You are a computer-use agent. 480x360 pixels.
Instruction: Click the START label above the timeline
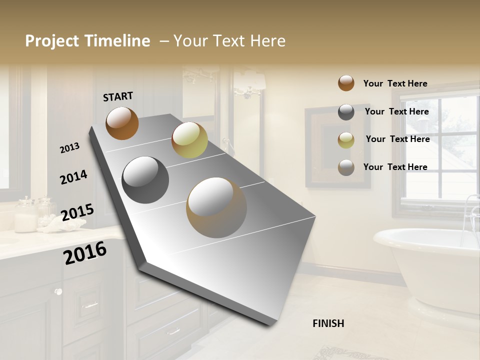click(118, 96)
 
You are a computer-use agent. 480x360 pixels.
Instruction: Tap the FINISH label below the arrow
click(328, 323)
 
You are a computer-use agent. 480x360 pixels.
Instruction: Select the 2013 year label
click(69, 147)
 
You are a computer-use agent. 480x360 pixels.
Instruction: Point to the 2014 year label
click(73, 177)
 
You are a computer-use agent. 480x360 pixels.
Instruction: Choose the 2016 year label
click(85, 253)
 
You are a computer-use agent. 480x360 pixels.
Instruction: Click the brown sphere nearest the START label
click(122, 123)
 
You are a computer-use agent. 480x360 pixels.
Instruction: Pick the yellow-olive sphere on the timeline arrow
click(189, 139)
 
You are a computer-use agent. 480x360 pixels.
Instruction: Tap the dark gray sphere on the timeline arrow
click(145, 180)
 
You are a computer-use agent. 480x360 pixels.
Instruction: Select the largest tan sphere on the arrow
click(216, 207)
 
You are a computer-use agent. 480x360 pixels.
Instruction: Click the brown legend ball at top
click(346, 83)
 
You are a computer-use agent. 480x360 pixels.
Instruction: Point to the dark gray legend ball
click(346, 112)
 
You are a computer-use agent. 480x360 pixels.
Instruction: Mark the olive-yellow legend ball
click(346, 140)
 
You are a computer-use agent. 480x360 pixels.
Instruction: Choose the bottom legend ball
click(346, 167)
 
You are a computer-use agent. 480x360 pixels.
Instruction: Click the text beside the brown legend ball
click(395, 83)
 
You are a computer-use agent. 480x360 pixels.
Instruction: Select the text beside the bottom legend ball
click(395, 167)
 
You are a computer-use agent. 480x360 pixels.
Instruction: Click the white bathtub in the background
click(430, 270)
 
